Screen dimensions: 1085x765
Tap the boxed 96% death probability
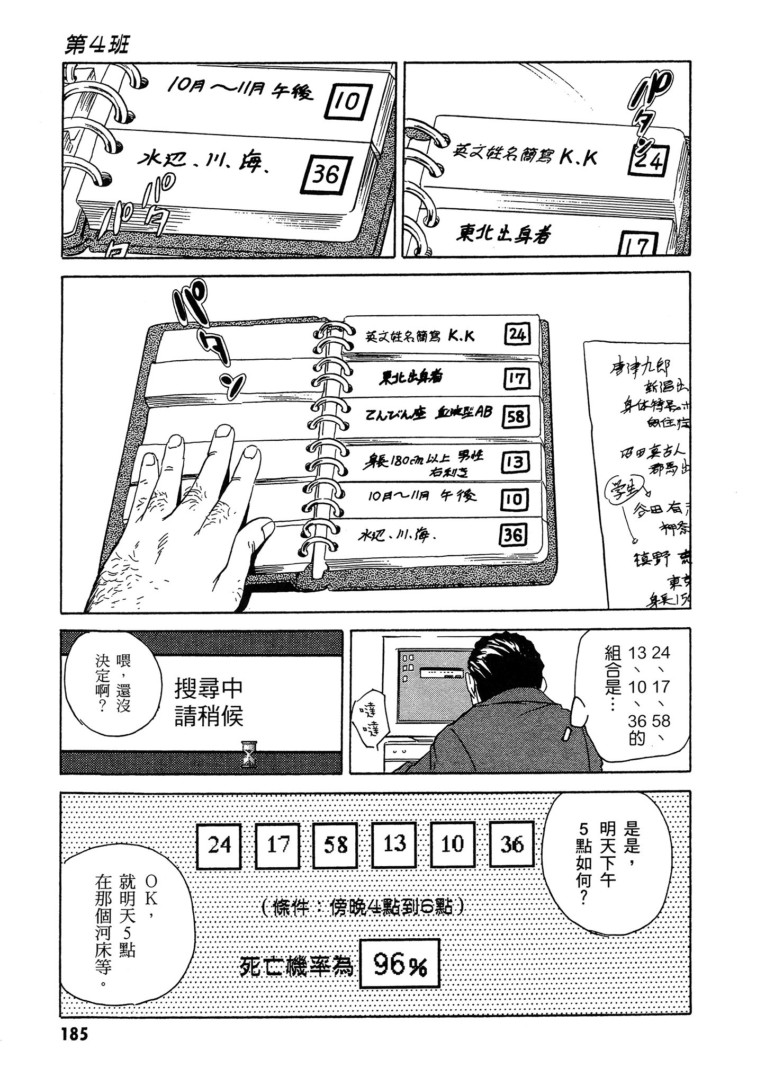click(x=400, y=967)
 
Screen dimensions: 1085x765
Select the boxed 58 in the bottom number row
click(x=336, y=844)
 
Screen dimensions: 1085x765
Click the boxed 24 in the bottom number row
click(x=219, y=844)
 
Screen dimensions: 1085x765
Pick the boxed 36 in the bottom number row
click(x=511, y=844)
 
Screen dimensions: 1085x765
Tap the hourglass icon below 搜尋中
click(x=247, y=752)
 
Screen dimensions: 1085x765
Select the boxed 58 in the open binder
click(x=515, y=417)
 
